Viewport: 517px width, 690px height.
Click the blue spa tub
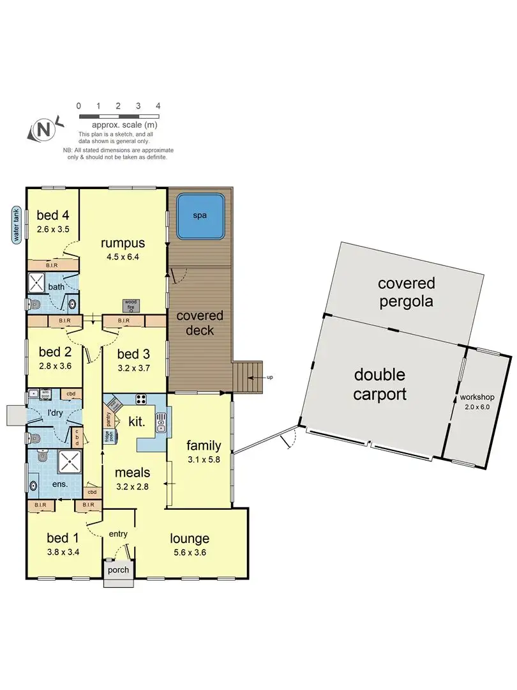200,215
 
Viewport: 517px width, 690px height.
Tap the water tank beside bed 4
16,224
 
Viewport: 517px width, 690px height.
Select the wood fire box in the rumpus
130,305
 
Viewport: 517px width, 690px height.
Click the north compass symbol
43,130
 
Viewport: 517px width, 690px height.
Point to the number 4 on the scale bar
158,106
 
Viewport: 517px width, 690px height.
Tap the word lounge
190,539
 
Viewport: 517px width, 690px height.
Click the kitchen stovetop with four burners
141,400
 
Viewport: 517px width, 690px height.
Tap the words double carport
380,384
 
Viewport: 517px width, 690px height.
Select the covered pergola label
406,292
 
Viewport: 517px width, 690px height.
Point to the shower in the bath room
37,282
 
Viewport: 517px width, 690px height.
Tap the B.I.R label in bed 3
124,321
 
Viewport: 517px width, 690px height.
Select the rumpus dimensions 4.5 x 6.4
123,257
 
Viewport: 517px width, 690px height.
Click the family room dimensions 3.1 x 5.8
203,458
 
